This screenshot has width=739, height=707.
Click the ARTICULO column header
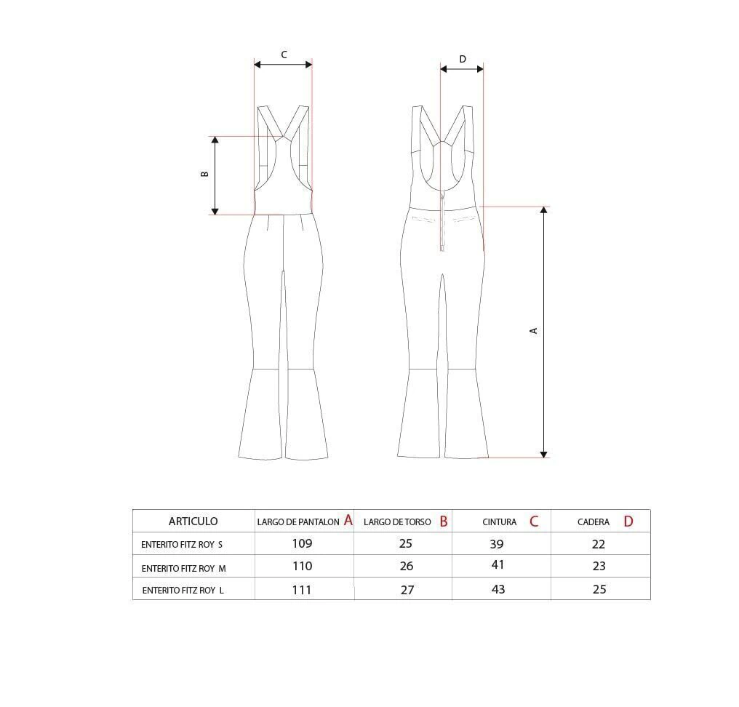point(193,522)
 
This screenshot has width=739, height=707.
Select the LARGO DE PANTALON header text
point(298,522)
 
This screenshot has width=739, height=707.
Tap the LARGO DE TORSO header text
point(397,522)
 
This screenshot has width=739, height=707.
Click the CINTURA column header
point(499,522)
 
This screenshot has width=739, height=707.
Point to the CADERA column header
point(594,522)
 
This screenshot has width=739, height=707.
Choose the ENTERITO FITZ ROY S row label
point(181,545)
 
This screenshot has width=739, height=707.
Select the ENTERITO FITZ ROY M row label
point(183,569)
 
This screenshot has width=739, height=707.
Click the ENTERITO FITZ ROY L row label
point(183,591)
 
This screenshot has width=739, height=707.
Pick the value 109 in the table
point(302,543)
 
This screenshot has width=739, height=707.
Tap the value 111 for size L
point(302,590)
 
